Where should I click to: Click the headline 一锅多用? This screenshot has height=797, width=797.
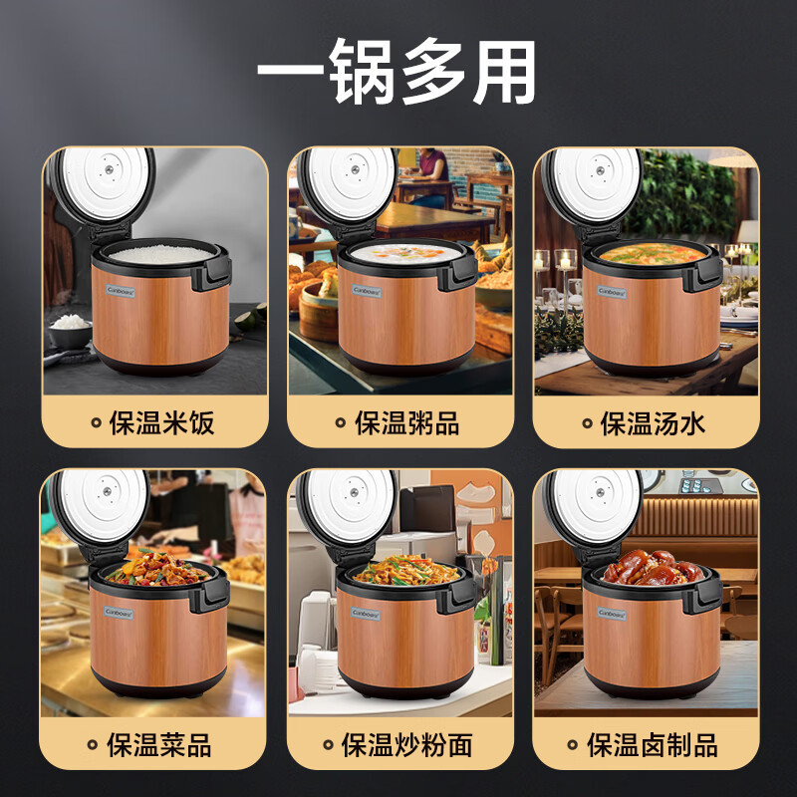tap(398, 72)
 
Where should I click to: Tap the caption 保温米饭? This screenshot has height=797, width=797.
tap(160, 422)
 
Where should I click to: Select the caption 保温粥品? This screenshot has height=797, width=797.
tap(406, 422)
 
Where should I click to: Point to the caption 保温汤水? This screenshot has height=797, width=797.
tap(653, 422)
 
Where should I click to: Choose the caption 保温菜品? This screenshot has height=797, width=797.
tap(160, 744)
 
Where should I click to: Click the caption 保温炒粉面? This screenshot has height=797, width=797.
tap(406, 744)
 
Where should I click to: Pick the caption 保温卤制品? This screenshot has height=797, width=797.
tap(653, 744)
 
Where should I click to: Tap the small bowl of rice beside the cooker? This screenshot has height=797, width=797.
tap(71, 326)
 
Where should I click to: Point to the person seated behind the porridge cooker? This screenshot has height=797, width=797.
tap(430, 174)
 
